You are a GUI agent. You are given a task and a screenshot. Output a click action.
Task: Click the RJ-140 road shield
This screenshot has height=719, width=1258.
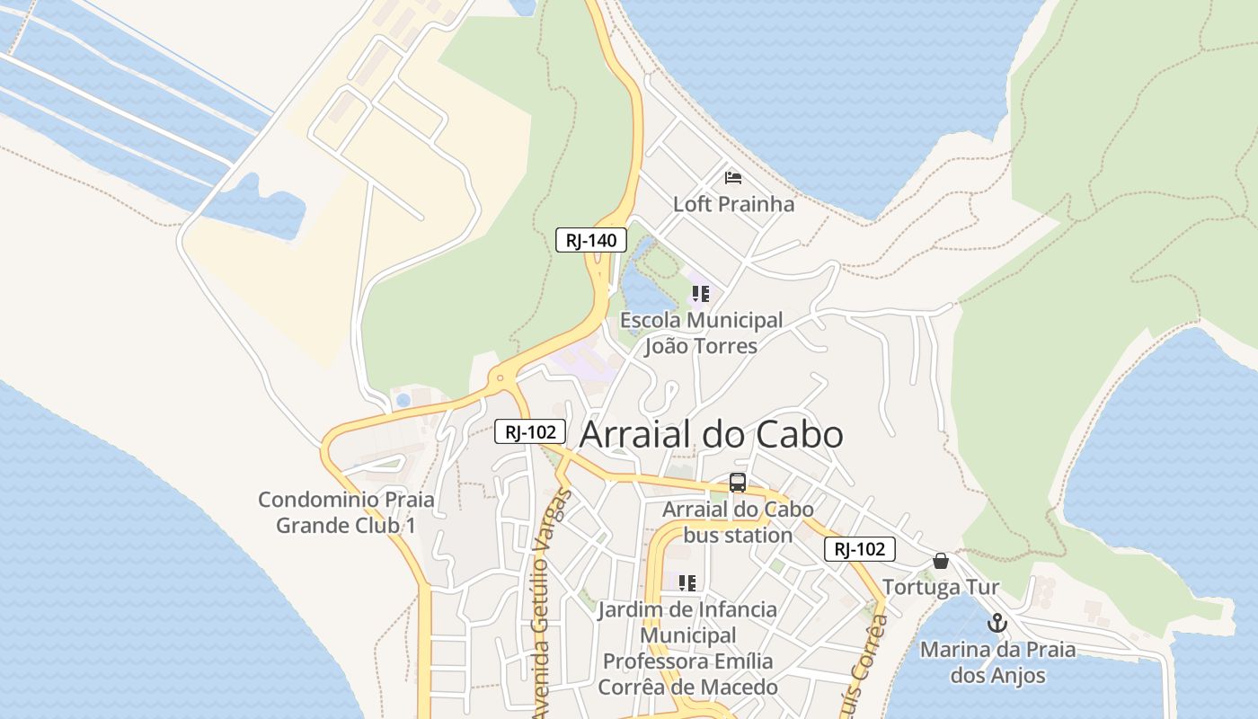coord(590,240)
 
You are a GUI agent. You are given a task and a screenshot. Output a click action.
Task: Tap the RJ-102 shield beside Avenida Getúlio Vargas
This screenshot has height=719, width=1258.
coord(530,432)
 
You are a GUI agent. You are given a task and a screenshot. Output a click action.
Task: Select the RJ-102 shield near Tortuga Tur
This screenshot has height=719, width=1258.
coord(860,549)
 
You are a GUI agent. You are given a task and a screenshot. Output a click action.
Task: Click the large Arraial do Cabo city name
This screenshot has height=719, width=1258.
coord(712,435)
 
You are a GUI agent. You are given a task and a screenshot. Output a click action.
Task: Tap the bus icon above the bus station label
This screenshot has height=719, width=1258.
coord(738,483)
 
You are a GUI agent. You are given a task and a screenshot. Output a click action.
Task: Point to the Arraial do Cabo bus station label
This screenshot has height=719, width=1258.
coord(738,522)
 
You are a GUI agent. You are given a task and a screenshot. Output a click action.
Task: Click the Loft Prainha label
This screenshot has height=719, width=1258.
coord(734,204)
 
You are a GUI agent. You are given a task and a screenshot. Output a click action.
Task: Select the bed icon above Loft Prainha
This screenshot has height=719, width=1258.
coord(733,178)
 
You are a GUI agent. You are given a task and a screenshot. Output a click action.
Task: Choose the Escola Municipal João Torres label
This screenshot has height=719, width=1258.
coord(701,333)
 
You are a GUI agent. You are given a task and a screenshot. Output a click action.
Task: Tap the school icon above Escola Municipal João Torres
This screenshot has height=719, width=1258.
coord(701,294)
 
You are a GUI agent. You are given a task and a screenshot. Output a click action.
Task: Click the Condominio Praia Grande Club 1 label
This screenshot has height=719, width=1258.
coord(346,512)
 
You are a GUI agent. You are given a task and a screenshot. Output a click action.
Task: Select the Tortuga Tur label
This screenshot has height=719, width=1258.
coord(941,588)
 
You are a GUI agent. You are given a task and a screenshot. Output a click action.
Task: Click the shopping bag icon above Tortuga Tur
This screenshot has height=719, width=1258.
coord(941,561)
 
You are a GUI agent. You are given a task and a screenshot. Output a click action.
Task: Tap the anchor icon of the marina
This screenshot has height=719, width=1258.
coord(997,622)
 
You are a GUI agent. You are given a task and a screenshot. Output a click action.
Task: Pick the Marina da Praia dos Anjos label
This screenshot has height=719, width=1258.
coord(997,662)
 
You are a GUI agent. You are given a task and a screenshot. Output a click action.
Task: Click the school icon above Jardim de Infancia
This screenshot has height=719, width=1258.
coord(687,583)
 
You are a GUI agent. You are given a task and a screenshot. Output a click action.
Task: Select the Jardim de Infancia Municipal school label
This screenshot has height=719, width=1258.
coord(688,648)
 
